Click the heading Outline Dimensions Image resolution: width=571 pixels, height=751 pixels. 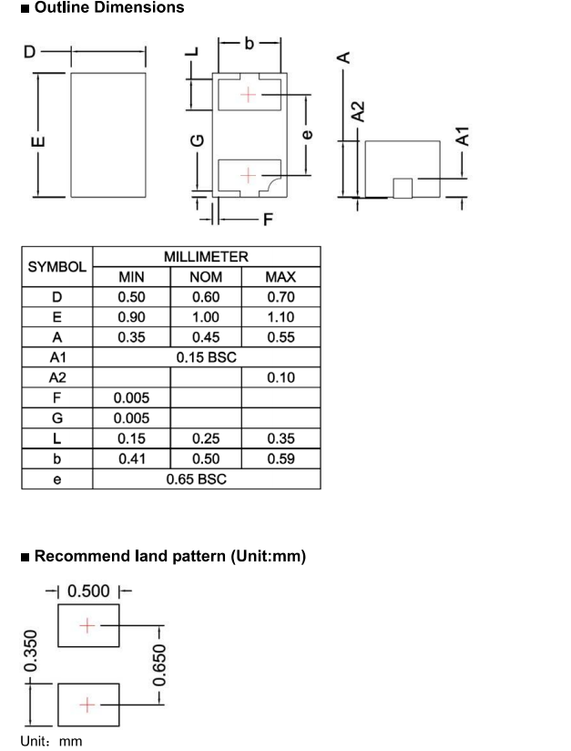pyautogui.click(x=109, y=7)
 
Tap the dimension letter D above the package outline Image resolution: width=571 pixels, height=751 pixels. pyautogui.click(x=30, y=52)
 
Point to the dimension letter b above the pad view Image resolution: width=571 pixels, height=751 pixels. pyautogui.click(x=249, y=43)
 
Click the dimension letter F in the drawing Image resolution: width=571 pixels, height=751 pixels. pyautogui.click(x=268, y=220)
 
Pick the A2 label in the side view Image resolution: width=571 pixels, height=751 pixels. pyautogui.click(x=358, y=111)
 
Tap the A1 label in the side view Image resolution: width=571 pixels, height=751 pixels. pyautogui.click(x=463, y=136)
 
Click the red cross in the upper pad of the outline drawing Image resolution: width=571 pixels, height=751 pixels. pyautogui.click(x=248, y=95)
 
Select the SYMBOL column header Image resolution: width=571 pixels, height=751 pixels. pyautogui.click(x=57, y=267)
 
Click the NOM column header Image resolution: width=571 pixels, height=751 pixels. pyautogui.click(x=206, y=277)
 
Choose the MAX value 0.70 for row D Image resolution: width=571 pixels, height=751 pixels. pyautogui.click(x=281, y=297)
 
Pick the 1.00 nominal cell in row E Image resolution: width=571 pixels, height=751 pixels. pyautogui.click(x=206, y=317)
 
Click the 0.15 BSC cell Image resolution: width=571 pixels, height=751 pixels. pyautogui.click(x=207, y=357)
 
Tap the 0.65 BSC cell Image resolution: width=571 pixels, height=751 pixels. pyautogui.click(x=196, y=479)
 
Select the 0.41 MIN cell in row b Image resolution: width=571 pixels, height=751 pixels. pyautogui.click(x=132, y=458)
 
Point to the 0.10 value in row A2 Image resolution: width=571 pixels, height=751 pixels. pyautogui.click(x=281, y=377)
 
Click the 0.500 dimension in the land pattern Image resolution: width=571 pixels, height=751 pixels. pyautogui.click(x=88, y=591)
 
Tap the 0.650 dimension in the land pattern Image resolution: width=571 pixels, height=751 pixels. pyautogui.click(x=158, y=664)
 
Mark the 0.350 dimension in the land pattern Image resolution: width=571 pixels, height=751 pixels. pyautogui.click(x=30, y=651)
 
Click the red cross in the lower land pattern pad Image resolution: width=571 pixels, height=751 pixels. pyautogui.click(x=87, y=705)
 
